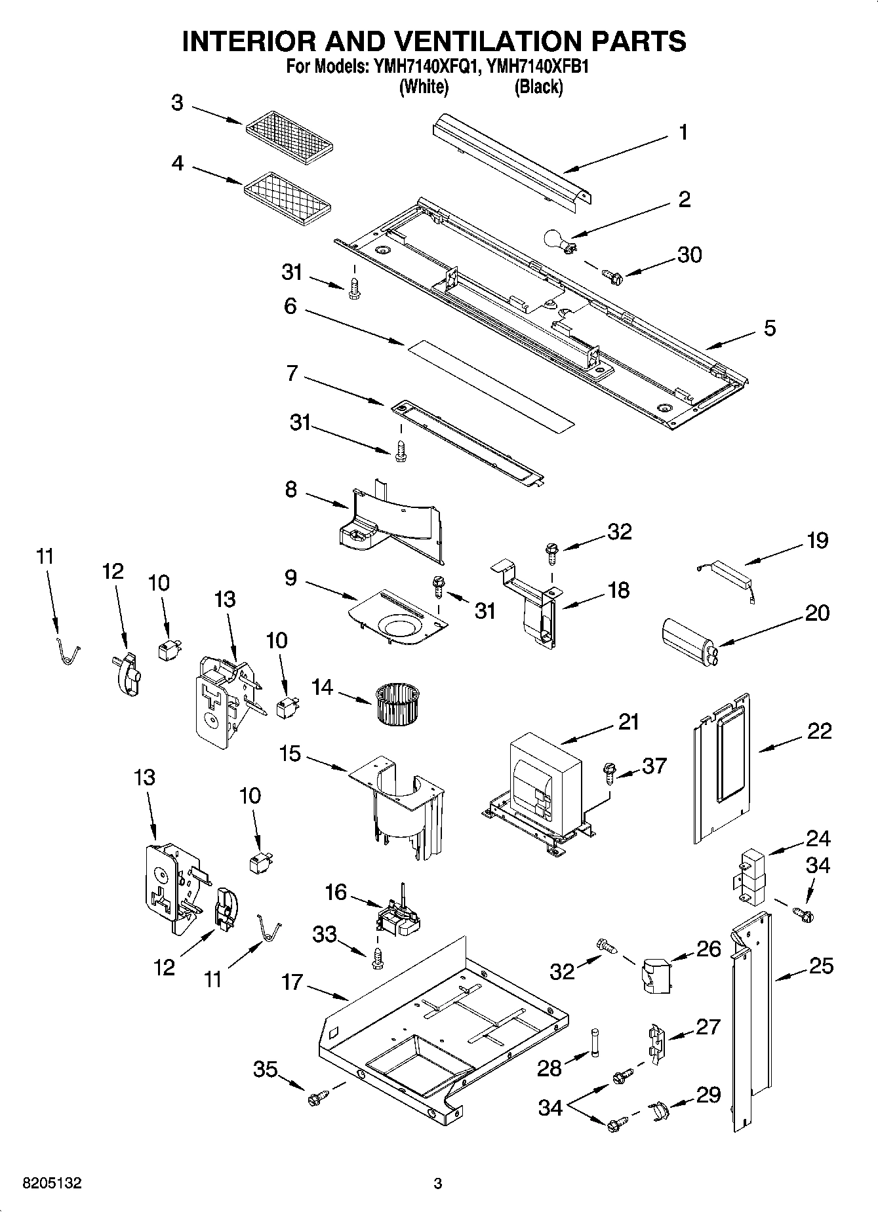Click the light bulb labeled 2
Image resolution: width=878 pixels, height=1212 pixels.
click(x=556, y=241)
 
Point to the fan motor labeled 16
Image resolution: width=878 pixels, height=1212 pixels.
click(x=397, y=914)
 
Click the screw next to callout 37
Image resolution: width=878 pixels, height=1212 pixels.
click(x=609, y=772)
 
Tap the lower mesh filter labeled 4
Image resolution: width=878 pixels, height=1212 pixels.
click(x=289, y=195)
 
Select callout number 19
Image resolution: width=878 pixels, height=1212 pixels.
click(x=816, y=541)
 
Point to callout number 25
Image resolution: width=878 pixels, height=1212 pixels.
click(x=820, y=966)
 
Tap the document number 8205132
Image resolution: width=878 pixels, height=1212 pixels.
click(x=52, y=1184)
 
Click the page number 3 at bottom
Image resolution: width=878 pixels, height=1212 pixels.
click(x=438, y=1184)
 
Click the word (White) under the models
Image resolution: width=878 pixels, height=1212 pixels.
click(x=424, y=87)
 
